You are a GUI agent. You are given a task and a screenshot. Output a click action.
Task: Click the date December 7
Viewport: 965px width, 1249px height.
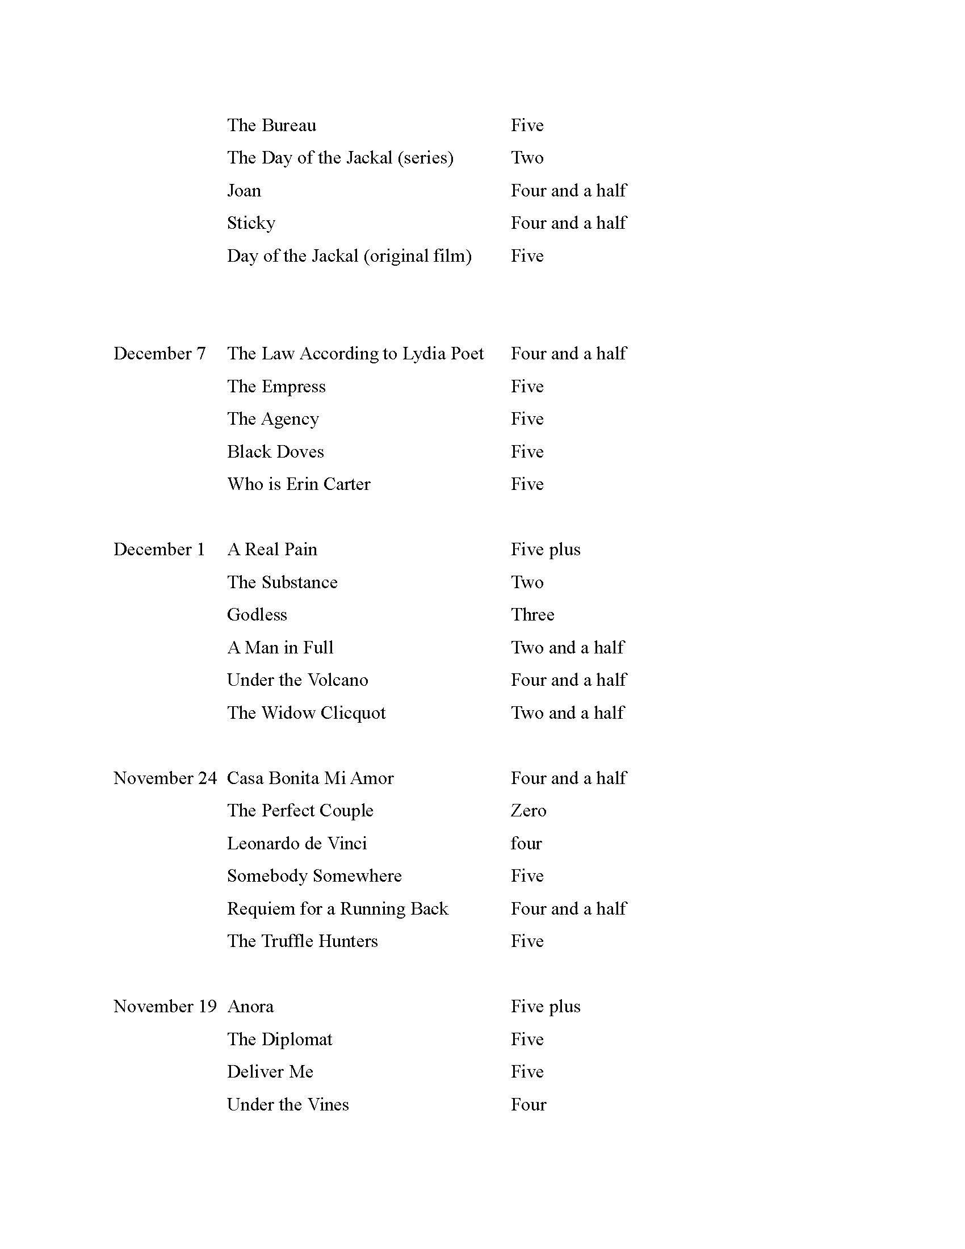click(160, 354)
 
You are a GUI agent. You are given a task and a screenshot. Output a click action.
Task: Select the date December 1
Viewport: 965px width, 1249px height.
click(159, 550)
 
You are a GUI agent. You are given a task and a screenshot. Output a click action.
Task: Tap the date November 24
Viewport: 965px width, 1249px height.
click(165, 778)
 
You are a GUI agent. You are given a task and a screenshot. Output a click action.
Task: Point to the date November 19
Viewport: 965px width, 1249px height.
click(165, 1007)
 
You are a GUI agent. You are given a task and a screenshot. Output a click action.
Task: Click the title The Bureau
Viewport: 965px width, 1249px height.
click(271, 125)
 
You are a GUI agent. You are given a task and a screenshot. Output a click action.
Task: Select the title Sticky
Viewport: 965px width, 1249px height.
click(251, 223)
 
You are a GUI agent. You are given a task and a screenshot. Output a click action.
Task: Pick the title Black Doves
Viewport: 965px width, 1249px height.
click(275, 452)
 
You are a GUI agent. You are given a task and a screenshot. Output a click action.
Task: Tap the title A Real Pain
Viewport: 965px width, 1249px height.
click(272, 550)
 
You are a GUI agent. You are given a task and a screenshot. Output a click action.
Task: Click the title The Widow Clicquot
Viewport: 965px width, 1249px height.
click(307, 713)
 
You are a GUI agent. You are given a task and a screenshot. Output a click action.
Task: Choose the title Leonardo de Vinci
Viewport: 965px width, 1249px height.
click(297, 844)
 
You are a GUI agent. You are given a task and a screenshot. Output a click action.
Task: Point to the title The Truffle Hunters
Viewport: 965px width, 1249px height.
click(303, 941)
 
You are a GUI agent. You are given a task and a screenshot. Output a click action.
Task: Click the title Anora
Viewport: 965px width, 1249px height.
click(250, 1007)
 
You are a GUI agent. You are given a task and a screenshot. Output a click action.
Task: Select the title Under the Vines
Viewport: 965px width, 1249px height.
click(288, 1105)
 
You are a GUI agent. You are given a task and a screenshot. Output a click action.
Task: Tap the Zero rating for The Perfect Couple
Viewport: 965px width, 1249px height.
click(528, 811)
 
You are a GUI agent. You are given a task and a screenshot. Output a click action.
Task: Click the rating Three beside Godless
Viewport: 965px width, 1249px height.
click(532, 615)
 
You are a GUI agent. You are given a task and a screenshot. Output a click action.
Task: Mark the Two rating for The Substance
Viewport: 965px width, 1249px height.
click(527, 582)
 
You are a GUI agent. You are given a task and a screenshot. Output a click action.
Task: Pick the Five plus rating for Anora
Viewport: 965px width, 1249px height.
click(546, 1007)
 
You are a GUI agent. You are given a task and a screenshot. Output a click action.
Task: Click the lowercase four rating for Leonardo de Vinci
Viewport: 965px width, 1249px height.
click(526, 844)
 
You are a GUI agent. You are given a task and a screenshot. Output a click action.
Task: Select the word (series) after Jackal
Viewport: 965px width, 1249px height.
click(425, 158)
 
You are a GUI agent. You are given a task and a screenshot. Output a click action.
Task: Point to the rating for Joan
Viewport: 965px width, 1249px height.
click(569, 190)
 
